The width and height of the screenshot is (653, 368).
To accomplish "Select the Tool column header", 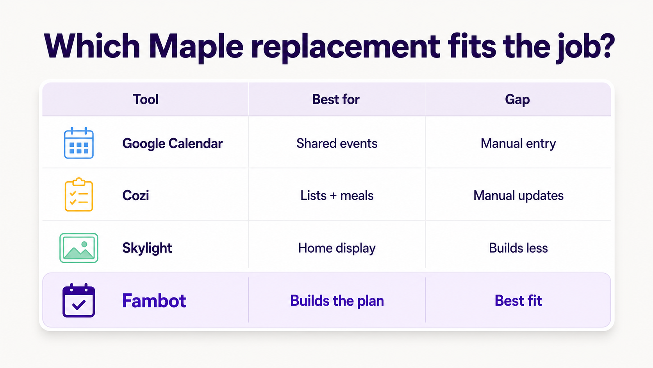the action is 145,99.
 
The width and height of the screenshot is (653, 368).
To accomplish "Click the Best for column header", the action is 336,99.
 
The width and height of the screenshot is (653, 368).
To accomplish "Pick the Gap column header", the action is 517,100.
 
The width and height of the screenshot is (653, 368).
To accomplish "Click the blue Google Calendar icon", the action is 79,143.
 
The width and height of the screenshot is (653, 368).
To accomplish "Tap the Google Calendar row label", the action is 173,144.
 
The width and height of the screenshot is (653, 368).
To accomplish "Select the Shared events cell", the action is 337,143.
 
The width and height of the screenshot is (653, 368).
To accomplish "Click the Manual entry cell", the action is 518,144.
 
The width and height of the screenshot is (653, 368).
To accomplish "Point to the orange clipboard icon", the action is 79,195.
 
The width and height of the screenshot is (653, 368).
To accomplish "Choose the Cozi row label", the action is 136,196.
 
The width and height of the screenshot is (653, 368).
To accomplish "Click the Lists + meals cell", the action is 337,196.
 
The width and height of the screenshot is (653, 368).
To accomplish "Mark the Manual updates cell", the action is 518,196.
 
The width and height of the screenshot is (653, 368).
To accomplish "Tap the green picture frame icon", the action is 79,248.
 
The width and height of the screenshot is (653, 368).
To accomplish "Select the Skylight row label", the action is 147,248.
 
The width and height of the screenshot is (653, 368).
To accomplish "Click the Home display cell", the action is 337,248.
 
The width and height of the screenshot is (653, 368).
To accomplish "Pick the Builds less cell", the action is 518,248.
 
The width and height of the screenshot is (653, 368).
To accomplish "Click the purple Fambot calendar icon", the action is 79,300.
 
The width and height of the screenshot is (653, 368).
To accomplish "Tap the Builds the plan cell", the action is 337,301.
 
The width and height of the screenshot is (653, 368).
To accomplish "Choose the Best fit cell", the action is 518,301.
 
